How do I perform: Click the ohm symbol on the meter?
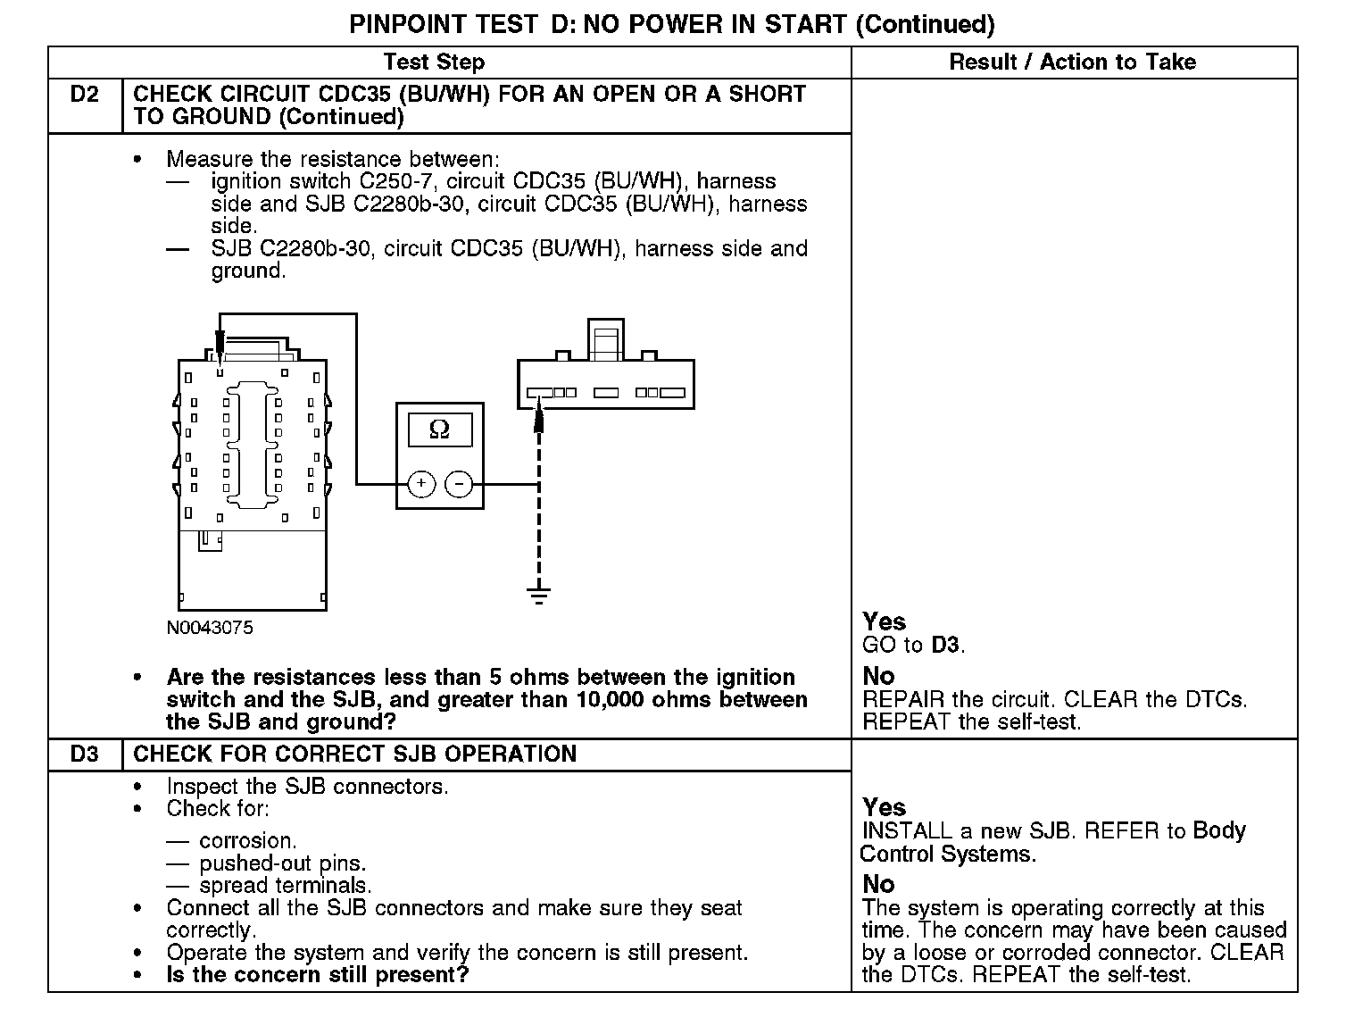click(439, 429)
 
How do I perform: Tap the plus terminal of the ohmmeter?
click(421, 484)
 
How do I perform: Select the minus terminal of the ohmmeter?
click(459, 484)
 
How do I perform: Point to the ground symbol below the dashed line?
click(538, 595)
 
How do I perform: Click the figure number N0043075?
click(210, 628)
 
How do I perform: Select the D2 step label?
click(85, 95)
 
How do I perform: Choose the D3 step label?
click(85, 755)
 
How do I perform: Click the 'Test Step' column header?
click(434, 63)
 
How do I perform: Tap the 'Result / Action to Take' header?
click(1072, 63)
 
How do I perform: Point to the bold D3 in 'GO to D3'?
click(946, 645)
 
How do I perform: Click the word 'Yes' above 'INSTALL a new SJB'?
click(884, 808)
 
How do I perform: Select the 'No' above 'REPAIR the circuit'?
click(878, 676)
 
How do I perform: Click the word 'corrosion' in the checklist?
click(247, 841)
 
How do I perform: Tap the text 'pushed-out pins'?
click(282, 863)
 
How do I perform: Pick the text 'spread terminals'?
click(285, 886)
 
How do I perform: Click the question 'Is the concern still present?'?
click(317, 975)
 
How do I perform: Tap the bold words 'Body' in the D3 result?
click(1219, 830)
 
